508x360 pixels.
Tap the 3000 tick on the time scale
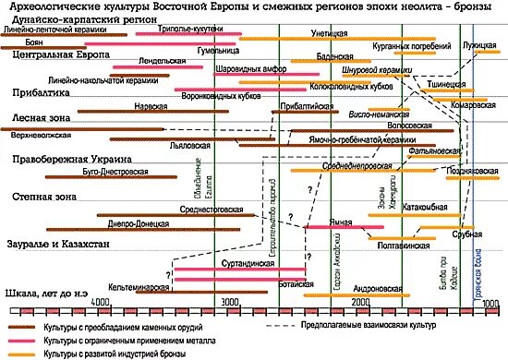228,302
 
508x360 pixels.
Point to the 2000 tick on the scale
360,302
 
